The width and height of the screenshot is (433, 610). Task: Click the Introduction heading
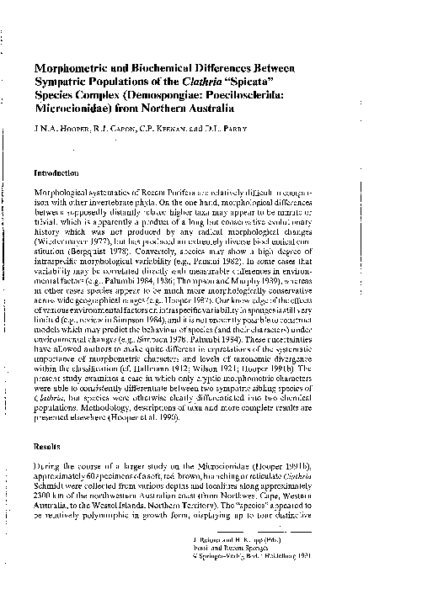click(x=56, y=172)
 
